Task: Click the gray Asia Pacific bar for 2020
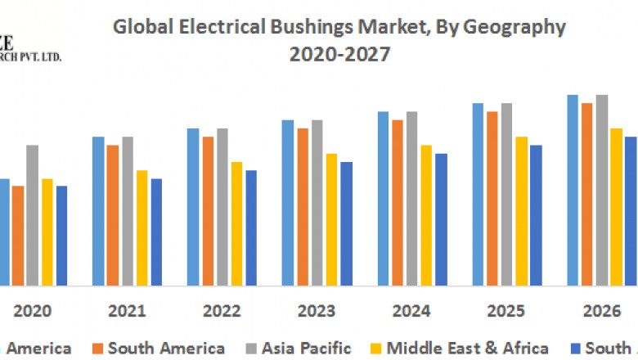(x=32, y=214)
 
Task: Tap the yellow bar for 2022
(x=236, y=223)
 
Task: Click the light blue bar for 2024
(x=383, y=198)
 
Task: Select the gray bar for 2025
(x=506, y=194)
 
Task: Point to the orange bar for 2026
(x=586, y=194)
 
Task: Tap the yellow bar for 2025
(x=521, y=210)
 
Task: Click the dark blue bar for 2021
(x=156, y=232)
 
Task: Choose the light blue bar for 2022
(x=193, y=206)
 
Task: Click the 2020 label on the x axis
(x=33, y=312)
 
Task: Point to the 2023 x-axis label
(x=316, y=312)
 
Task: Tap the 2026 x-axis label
(x=600, y=312)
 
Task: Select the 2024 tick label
(x=411, y=312)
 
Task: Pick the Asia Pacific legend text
(x=306, y=349)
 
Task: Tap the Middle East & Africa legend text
(x=467, y=349)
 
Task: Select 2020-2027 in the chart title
(x=339, y=55)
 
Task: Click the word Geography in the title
(x=514, y=27)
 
